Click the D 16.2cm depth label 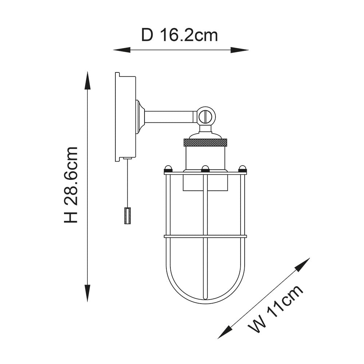179,35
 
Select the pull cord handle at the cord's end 127,215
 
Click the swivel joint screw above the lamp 206,116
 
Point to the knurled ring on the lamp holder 205,142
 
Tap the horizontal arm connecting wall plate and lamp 169,117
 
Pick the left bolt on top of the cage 168,169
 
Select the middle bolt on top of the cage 205,169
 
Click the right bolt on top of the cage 242,169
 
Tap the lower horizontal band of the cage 205,237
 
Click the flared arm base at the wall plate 140,117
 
